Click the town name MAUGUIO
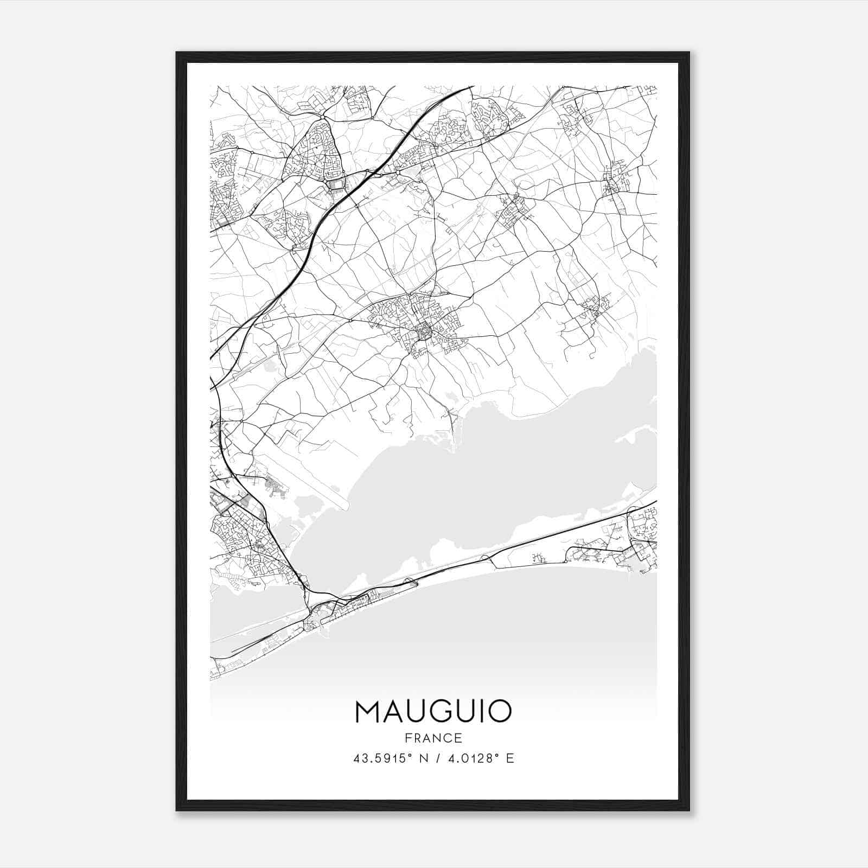tap(433, 711)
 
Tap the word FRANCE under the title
tap(433, 738)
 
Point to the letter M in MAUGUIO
tap(368, 711)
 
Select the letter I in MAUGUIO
tap(478, 711)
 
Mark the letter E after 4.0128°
tap(509, 758)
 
